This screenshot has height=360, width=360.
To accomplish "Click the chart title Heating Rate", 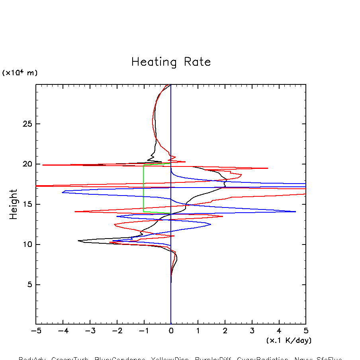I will (x=171, y=62).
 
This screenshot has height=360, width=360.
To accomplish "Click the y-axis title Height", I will (x=14, y=204).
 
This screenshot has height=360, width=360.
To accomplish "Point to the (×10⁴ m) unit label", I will (x=20, y=73).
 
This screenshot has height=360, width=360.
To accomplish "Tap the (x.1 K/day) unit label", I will (x=289, y=340).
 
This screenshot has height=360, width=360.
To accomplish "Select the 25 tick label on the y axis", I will (x=27, y=124).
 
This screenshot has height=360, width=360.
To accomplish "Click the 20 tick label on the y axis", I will (x=27, y=164).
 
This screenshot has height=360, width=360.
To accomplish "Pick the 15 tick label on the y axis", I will (x=27, y=204).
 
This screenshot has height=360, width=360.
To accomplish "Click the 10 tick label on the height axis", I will (x=27, y=245).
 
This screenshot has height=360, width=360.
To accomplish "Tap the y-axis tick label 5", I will (x=29, y=285).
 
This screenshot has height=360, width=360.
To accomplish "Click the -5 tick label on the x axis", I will (x=35, y=331).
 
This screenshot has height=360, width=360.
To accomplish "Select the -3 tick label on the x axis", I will (x=89, y=331).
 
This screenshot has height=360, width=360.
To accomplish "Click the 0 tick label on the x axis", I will (x=171, y=331).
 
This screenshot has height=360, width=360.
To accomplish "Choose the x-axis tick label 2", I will (x=225, y=331).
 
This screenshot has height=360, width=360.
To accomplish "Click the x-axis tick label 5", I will (x=306, y=331).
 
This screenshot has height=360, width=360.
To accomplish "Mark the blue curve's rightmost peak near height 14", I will (x=295, y=211).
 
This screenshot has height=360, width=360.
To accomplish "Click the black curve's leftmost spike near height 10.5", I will (x=78, y=241).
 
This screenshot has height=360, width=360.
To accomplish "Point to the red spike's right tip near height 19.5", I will (x=267, y=168).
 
